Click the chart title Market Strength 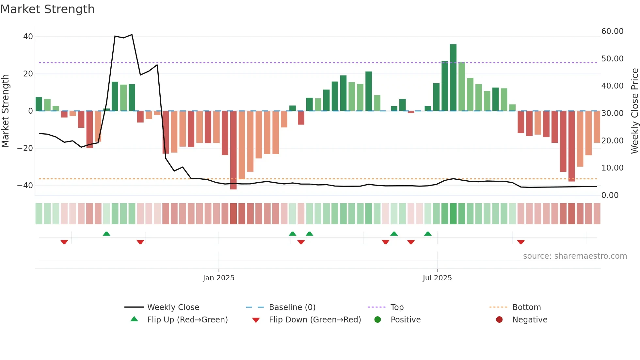pyautogui.click(x=47, y=9)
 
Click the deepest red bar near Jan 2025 pyautogui.click(x=233, y=150)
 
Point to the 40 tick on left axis pyautogui.click(x=28, y=37)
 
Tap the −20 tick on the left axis pyautogui.click(x=25, y=148)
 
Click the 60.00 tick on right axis pyautogui.click(x=612, y=31)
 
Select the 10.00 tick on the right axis pyautogui.click(x=612, y=168)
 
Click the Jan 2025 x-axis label pyautogui.click(x=218, y=278)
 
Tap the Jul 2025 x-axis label pyautogui.click(x=437, y=278)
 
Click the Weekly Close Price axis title pyautogui.click(x=634, y=111)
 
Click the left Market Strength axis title pyautogui.click(x=6, y=111)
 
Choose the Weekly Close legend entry pyautogui.click(x=173, y=307)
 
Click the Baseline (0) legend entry pyautogui.click(x=292, y=307)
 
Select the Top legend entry pyautogui.click(x=397, y=307)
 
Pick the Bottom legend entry pyautogui.click(x=526, y=307)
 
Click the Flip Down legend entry pyautogui.click(x=315, y=320)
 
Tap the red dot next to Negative pyautogui.click(x=499, y=320)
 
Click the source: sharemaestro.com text pyautogui.click(x=575, y=256)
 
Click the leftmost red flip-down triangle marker pyautogui.click(x=64, y=242)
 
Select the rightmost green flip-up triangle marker pyautogui.click(x=428, y=234)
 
